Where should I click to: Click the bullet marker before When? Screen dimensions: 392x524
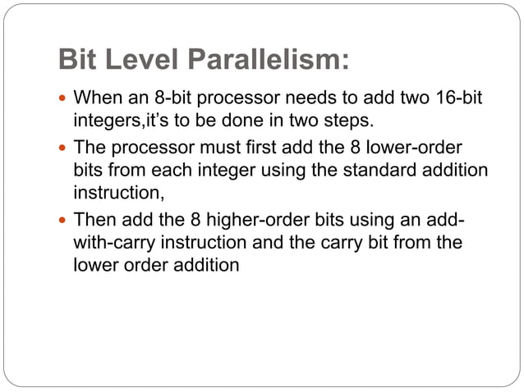pyautogui.click(x=65, y=99)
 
